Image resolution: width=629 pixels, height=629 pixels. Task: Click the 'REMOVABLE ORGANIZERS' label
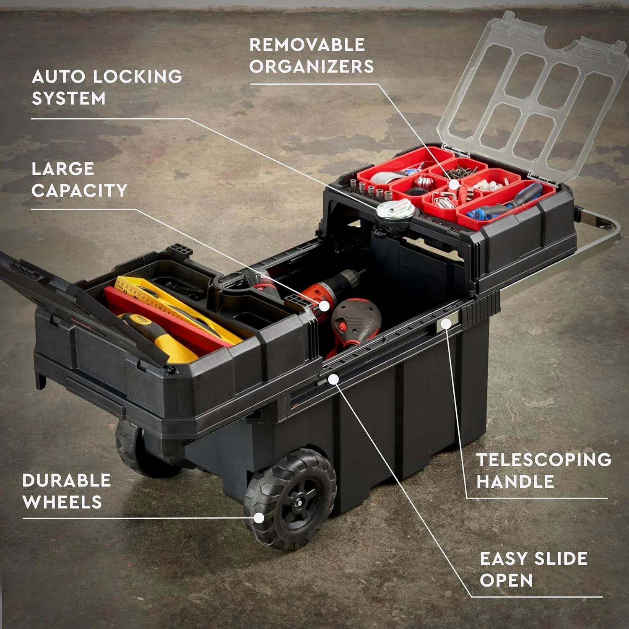(x=311, y=56)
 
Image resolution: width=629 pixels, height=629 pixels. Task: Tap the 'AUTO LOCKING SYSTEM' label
(x=107, y=87)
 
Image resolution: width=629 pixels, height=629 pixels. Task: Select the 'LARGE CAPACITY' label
(x=79, y=179)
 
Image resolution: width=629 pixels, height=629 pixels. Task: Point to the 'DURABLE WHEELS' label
(x=66, y=491)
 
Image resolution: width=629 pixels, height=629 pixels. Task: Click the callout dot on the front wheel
(x=260, y=518)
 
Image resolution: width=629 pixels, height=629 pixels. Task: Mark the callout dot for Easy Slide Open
(x=333, y=379)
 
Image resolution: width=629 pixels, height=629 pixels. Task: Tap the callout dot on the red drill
(x=324, y=305)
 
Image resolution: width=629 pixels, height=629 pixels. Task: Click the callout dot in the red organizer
(x=453, y=185)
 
